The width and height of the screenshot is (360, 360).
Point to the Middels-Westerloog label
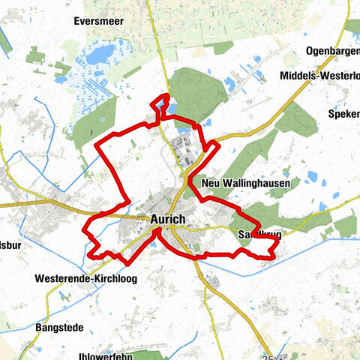coord(318,76)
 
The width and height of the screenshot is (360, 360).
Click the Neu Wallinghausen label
coord(241,183)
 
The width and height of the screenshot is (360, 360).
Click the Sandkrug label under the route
coord(260,235)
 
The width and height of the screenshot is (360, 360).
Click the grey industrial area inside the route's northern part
coord(184,145)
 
